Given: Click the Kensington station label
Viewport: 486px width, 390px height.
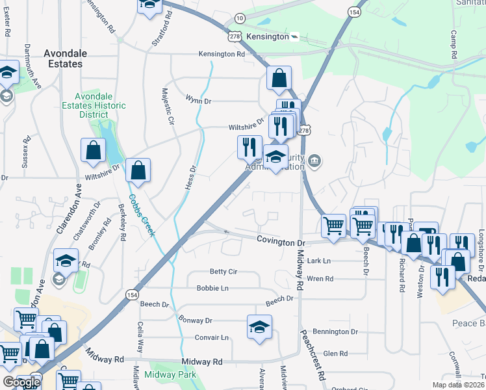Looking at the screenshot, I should (x=267, y=36).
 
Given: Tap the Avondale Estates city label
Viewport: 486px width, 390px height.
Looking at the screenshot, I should (x=63, y=59).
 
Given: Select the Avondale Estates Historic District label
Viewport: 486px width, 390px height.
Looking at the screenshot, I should (x=84, y=105).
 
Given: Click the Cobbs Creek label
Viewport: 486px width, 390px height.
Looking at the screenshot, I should (x=141, y=215).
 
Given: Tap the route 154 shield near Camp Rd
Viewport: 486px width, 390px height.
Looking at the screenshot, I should (x=354, y=12).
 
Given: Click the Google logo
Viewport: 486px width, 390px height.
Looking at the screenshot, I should (x=21, y=382).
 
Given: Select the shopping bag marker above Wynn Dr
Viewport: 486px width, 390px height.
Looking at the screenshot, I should (x=279, y=79).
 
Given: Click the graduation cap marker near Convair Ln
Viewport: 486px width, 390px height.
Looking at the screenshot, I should (x=259, y=328).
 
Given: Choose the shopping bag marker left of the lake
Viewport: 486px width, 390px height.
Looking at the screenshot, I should (x=94, y=151).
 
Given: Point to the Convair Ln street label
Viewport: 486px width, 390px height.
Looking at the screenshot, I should (x=212, y=337).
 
